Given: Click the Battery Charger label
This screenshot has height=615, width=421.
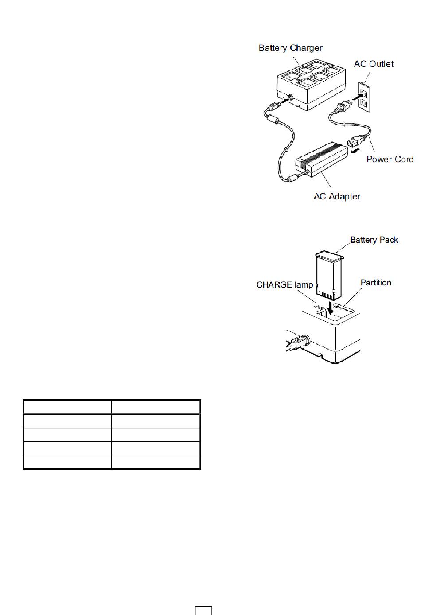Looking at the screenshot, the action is [x=290, y=48].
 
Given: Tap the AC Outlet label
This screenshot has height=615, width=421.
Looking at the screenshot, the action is [x=373, y=64].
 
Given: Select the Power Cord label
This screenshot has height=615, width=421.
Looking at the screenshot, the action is [x=390, y=159].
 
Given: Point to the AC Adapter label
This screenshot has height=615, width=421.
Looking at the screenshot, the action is [x=337, y=196].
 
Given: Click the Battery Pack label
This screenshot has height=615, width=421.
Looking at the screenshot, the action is [x=374, y=240].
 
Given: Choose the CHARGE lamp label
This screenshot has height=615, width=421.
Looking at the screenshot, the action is [x=285, y=285].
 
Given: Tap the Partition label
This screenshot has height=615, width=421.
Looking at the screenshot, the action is [x=376, y=283].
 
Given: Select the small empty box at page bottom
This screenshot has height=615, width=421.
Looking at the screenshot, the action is [x=203, y=610].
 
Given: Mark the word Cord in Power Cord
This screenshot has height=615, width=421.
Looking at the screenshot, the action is [x=403, y=159].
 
